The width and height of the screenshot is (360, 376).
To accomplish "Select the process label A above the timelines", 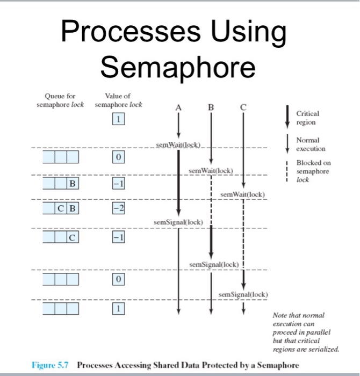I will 178,107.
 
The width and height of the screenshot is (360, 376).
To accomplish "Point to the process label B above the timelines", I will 211,107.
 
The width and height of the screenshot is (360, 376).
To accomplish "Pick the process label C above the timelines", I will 243,107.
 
